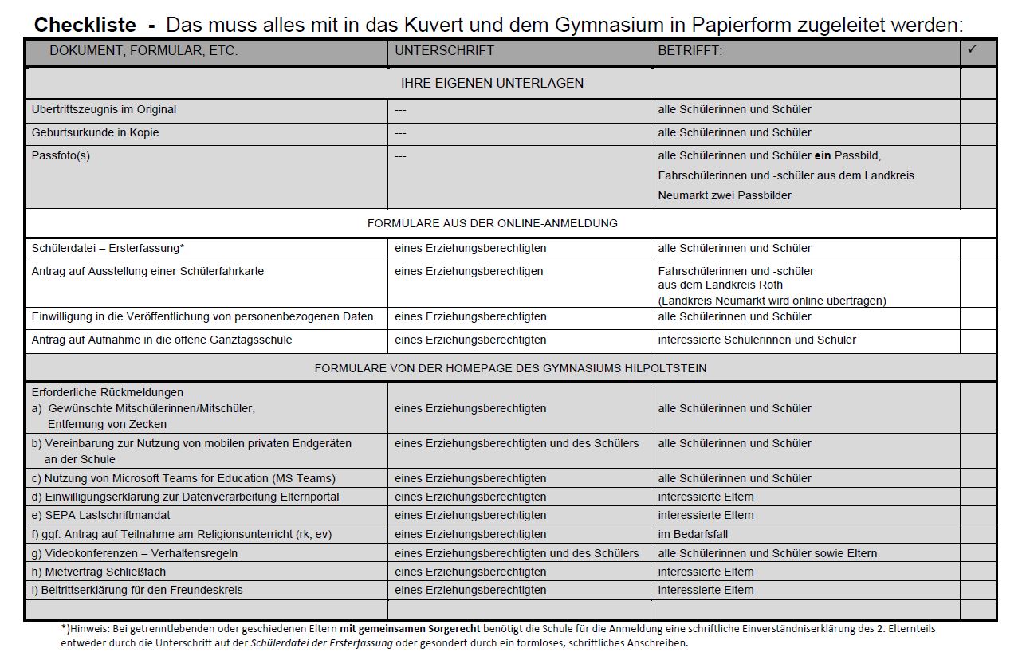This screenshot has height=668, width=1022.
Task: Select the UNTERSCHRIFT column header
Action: tap(444, 50)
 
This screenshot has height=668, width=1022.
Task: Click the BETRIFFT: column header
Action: tap(690, 50)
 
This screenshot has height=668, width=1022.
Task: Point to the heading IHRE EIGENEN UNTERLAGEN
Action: tap(492, 83)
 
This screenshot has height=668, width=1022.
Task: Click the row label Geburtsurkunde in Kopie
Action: tap(95, 132)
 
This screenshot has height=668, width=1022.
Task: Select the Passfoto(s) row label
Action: tap(61, 155)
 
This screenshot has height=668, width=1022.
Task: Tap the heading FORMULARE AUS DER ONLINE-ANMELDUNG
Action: tap(492, 223)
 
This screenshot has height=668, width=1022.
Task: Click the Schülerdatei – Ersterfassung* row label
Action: tap(108, 248)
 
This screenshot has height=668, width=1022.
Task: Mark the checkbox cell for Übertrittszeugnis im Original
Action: tap(978, 110)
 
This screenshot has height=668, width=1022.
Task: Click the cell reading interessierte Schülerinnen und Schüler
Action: tap(757, 340)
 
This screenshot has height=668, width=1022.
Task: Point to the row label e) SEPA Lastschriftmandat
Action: tap(100, 515)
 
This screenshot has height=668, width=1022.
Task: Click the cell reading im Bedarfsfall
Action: tap(693, 534)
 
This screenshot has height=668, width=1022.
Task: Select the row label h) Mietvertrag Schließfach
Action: tap(99, 572)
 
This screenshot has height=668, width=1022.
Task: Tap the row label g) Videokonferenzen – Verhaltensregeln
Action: tap(134, 553)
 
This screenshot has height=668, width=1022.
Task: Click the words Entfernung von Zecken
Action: tap(107, 424)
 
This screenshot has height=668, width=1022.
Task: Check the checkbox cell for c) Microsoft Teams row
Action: tap(978, 478)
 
